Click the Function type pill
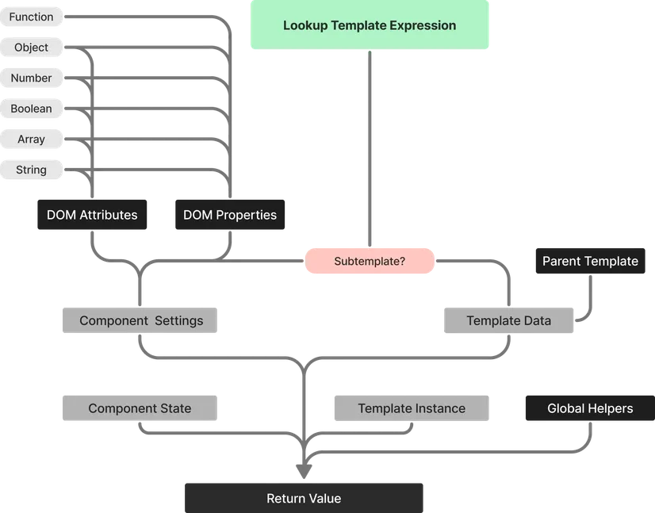(x=31, y=17)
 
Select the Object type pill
(x=31, y=48)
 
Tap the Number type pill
(x=31, y=78)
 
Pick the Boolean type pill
(x=31, y=109)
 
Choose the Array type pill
(x=31, y=140)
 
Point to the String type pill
(x=31, y=170)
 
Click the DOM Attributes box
(x=92, y=215)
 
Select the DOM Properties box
(x=230, y=215)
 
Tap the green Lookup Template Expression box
(x=370, y=25)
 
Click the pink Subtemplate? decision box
(x=370, y=261)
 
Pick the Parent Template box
(x=590, y=261)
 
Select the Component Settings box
(x=141, y=321)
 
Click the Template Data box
(x=508, y=321)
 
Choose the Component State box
(x=140, y=408)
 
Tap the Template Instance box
(x=412, y=408)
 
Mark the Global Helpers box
(x=590, y=408)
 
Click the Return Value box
(x=304, y=498)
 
